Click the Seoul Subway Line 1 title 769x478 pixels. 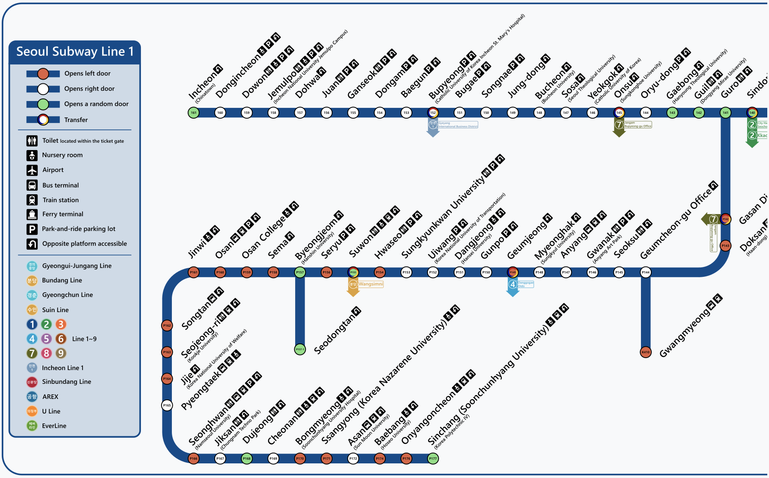click(75, 52)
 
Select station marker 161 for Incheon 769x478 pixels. click(194, 113)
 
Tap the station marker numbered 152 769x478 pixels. click(433, 113)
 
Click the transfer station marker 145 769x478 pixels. click(619, 113)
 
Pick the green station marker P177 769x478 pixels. click(433, 459)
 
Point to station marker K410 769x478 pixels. click(645, 352)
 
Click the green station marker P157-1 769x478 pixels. click(300, 349)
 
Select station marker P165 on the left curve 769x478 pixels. click(167, 405)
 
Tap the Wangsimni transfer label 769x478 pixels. click(371, 284)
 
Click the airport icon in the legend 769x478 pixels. click(32, 170)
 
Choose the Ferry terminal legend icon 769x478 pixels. click(32, 214)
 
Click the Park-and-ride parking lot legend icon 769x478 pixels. click(32, 229)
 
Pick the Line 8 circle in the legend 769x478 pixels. click(46, 353)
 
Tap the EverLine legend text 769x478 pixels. click(54, 426)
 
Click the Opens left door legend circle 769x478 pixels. click(43, 74)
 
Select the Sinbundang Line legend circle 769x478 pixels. click(32, 382)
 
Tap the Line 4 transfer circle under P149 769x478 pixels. click(513, 284)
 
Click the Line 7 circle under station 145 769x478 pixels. click(619, 125)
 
